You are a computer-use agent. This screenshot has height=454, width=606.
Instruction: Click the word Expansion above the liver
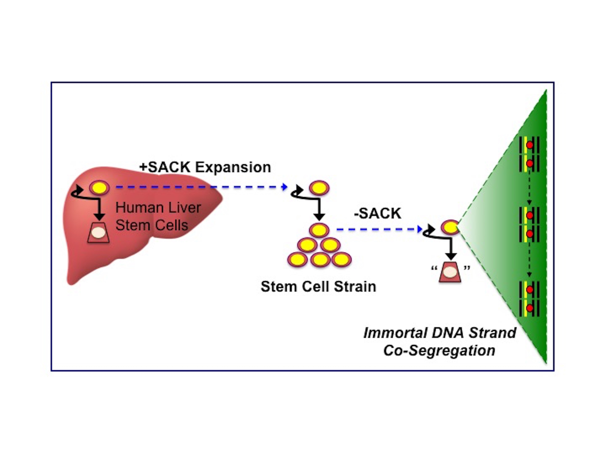click(x=233, y=167)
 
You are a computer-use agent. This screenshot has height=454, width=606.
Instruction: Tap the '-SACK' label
click(x=378, y=213)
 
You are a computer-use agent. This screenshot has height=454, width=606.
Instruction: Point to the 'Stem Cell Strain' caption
click(x=318, y=287)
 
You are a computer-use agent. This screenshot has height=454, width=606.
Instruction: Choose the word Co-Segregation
click(x=439, y=350)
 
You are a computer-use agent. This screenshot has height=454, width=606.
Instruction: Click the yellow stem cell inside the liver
click(x=99, y=188)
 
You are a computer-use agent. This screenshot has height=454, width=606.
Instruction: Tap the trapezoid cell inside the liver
click(x=98, y=233)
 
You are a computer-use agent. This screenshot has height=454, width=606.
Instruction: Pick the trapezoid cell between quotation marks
click(x=450, y=272)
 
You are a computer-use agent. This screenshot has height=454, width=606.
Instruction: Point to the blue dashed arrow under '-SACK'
click(x=378, y=229)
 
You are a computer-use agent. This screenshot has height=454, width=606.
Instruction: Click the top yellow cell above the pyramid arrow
click(x=319, y=188)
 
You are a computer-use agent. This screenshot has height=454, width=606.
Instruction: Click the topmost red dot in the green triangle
click(x=530, y=145)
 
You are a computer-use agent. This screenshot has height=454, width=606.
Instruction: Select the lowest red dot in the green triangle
click(x=530, y=308)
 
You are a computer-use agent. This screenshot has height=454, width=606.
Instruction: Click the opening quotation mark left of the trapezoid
click(x=434, y=268)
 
